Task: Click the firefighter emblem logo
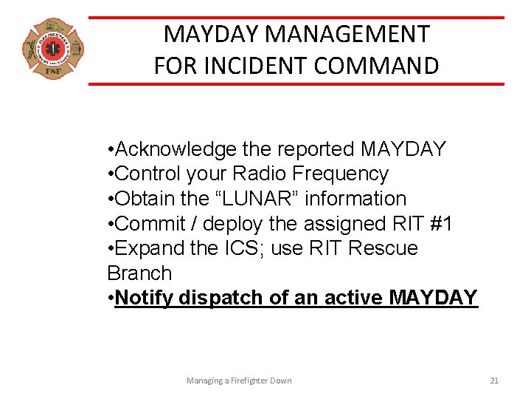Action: [52, 49]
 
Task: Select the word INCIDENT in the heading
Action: [249, 66]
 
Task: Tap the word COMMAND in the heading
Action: [377, 66]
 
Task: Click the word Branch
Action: [139, 273]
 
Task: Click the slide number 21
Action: [494, 381]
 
